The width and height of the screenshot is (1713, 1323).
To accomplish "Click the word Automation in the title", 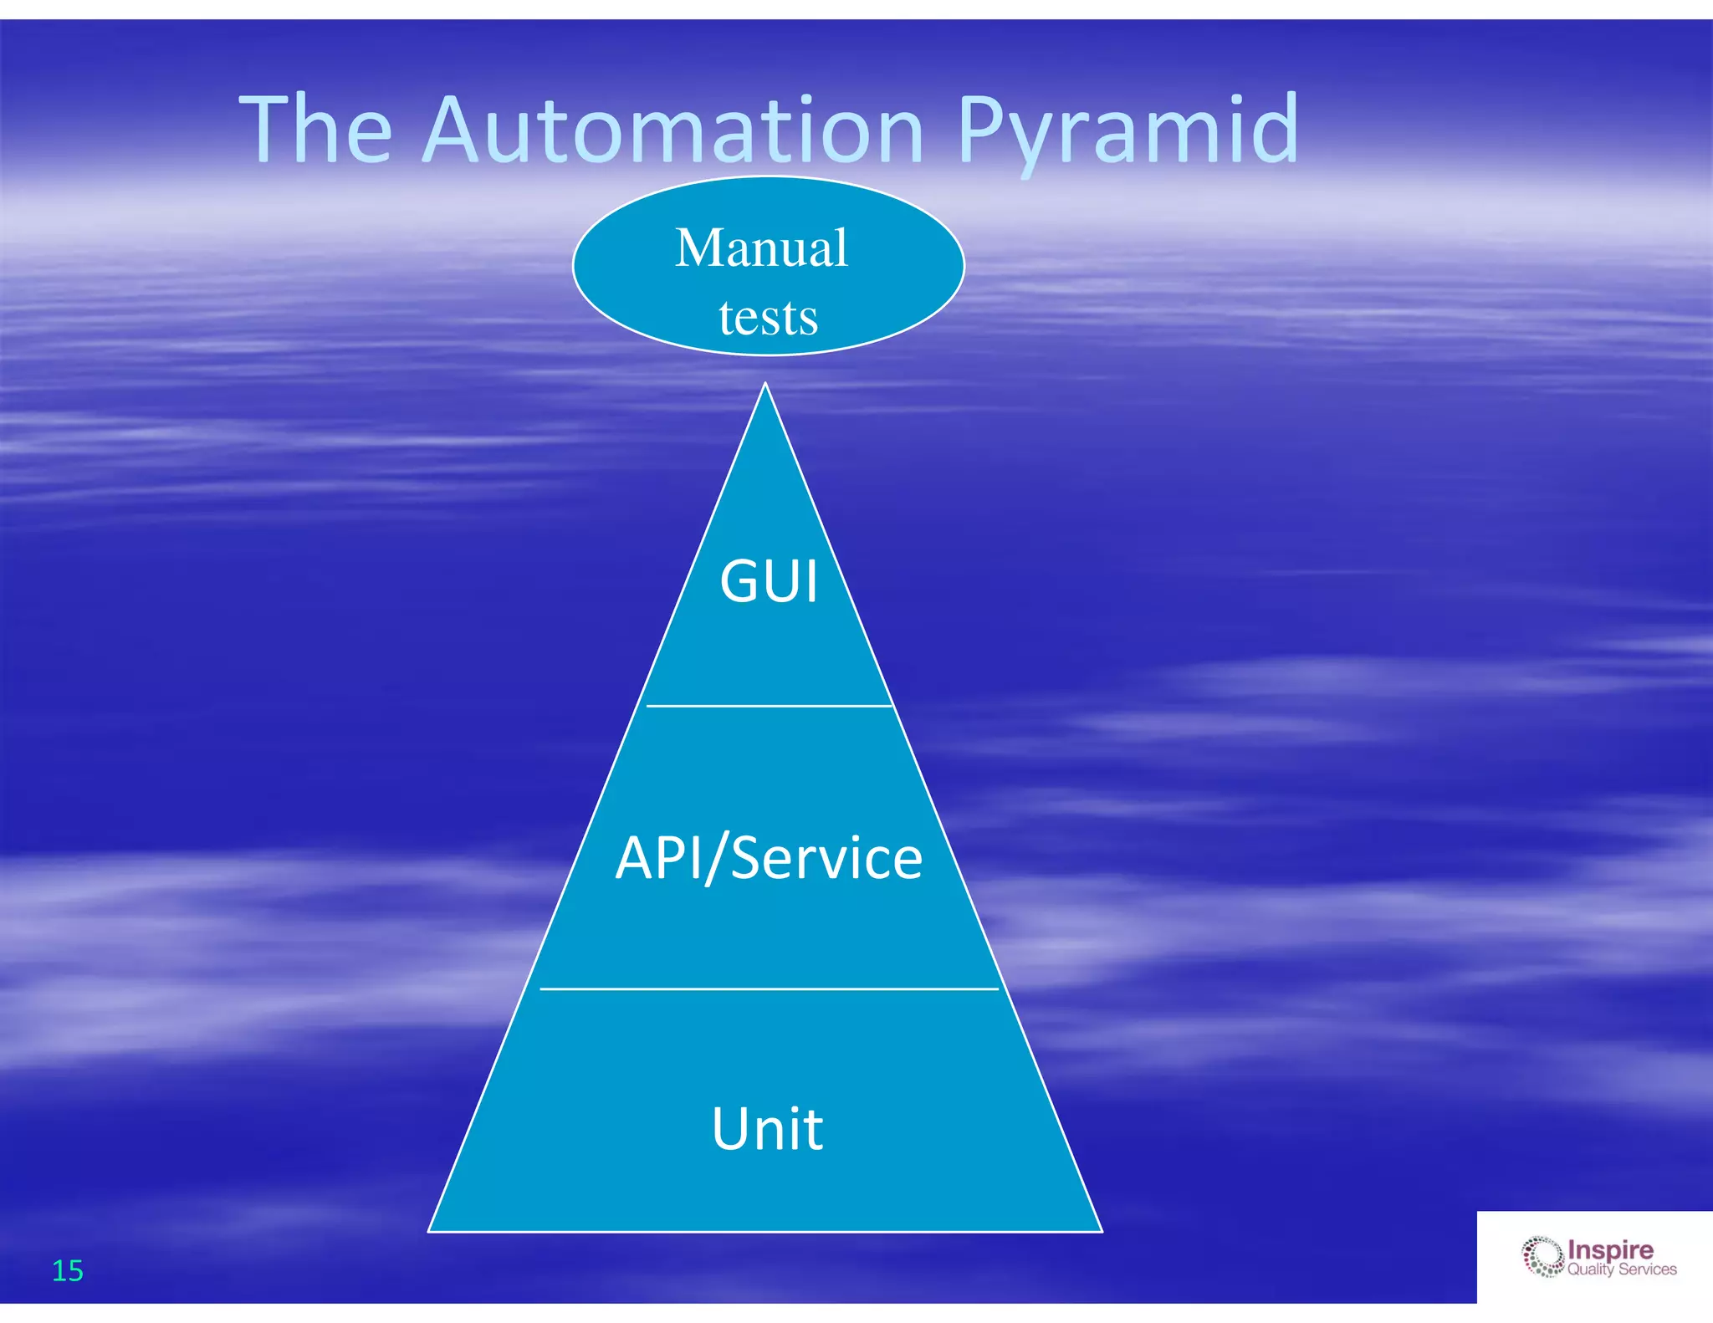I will pos(673,130).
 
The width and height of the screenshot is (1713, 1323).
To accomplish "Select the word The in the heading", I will pos(315,130).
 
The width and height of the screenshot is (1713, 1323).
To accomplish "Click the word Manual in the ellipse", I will pos(761,248).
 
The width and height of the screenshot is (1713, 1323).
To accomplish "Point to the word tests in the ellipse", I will pos(768,318).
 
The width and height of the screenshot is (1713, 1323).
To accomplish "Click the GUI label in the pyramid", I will pos(769,581).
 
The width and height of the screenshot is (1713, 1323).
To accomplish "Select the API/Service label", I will pos(769,858).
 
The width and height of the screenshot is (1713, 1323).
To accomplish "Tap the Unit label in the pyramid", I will pos(767,1129).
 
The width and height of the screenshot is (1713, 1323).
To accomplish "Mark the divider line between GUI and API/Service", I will pos(769,706).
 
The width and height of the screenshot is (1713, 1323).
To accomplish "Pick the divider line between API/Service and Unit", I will pos(769,988).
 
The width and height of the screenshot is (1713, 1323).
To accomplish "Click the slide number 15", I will pos(68,1270).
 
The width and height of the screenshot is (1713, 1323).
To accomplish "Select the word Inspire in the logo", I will pos(1610,1249).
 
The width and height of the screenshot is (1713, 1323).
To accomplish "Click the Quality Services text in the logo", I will pos(1621,1269).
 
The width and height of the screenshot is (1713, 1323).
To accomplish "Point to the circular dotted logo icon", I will pos(1542,1257).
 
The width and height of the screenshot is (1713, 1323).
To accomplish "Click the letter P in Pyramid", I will pos(985,130).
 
